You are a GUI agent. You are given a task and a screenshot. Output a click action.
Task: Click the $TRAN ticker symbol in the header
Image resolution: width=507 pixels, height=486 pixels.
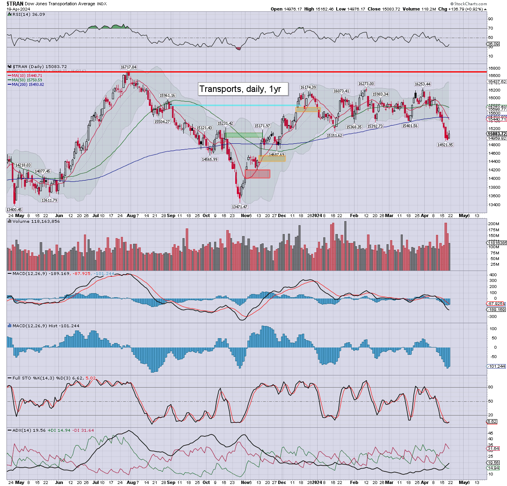pos(15,4)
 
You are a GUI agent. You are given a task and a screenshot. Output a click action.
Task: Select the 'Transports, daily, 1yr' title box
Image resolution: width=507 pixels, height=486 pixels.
pos(243,89)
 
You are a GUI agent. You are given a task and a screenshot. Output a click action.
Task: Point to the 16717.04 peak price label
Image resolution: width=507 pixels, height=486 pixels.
pos(128,67)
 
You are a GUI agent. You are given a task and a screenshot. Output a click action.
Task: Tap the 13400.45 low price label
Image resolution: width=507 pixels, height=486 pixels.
pos(14,209)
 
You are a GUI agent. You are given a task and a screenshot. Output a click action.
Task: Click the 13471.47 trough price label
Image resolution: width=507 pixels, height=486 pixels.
pos(239,207)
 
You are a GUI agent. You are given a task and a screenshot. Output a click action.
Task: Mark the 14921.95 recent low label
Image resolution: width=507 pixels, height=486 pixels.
pos(445,145)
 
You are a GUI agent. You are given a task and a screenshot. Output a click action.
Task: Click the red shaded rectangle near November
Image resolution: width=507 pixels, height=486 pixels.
pos(258,174)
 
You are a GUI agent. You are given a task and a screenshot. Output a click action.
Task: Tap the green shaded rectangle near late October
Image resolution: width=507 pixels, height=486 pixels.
pos(244,135)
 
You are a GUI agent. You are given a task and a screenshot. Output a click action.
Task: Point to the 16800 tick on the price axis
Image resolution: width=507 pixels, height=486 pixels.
pos(494,68)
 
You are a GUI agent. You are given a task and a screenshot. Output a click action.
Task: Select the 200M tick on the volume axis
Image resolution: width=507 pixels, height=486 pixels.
pos(494,224)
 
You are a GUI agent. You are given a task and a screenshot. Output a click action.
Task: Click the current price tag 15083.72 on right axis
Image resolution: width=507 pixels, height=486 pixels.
pos(497,134)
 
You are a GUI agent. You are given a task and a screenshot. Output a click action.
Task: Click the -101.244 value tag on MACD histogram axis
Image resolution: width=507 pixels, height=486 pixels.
pos(496,366)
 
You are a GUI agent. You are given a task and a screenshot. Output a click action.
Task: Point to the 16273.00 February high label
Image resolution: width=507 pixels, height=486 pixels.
pos(366,84)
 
